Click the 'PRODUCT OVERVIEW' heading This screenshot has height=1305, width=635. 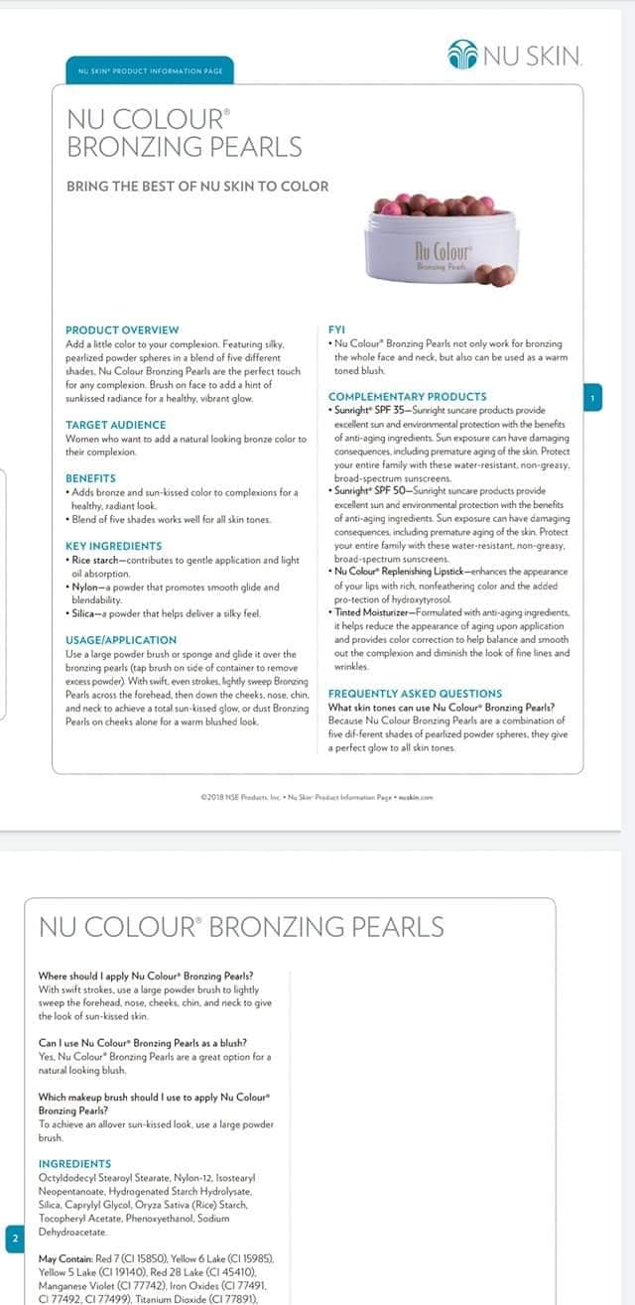point(122,329)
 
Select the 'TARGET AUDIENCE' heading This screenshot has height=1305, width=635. point(115,425)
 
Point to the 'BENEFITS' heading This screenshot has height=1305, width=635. point(90,478)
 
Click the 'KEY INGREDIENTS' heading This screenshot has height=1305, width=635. point(113,546)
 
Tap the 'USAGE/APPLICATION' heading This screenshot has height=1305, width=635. point(121,640)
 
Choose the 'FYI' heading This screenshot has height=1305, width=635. point(336,329)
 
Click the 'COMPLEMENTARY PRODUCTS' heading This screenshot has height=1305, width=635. point(407,397)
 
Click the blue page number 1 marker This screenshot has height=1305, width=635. point(592,398)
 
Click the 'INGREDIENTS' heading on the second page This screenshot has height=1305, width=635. point(74,1163)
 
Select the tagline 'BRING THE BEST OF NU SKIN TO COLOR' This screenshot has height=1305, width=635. point(196,186)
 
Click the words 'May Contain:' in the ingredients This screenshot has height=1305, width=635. point(67,1258)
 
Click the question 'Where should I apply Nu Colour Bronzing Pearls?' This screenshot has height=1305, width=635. point(145,976)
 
